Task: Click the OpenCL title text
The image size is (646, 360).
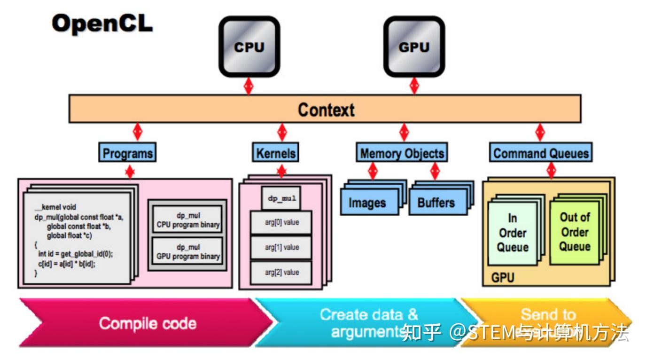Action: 102,23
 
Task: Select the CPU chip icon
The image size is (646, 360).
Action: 249,47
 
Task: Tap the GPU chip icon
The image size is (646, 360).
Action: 414,47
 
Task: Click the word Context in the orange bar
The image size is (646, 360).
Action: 326,110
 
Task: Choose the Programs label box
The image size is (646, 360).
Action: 128,153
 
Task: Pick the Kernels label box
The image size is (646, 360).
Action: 276,153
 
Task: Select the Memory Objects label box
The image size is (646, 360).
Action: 402,153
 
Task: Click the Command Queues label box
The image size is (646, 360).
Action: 541,153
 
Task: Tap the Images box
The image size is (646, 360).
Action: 367,203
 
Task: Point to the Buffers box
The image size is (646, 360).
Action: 436,203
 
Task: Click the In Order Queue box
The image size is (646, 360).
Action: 513,233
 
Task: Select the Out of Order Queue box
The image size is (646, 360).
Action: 575,232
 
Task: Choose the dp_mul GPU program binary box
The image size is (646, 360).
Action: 188,252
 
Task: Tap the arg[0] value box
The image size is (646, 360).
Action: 281,223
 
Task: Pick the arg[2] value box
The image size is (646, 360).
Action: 281,273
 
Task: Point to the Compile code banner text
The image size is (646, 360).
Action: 147,323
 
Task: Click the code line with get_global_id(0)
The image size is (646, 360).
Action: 76,254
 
